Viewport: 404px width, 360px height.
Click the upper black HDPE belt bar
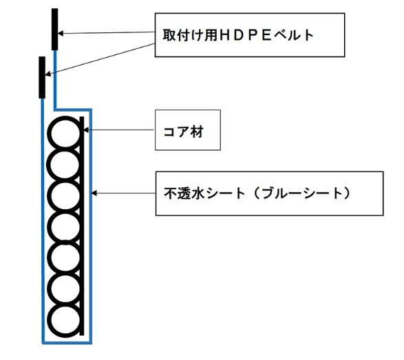pos(54,29)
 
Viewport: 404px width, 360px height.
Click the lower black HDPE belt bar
pos(42,77)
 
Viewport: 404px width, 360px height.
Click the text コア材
pos(184,131)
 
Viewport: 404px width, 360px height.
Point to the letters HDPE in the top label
pos(246,35)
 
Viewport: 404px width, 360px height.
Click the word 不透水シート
pos(204,193)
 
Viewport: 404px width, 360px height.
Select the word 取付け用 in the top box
pos(191,35)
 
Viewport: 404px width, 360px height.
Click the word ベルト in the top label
pos(293,35)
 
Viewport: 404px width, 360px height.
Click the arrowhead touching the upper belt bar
pos(61,33)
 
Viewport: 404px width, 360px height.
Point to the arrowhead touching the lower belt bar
pos(48,74)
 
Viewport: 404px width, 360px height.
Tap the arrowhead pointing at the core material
pos(87,129)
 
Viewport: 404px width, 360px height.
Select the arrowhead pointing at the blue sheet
pos(94,193)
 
